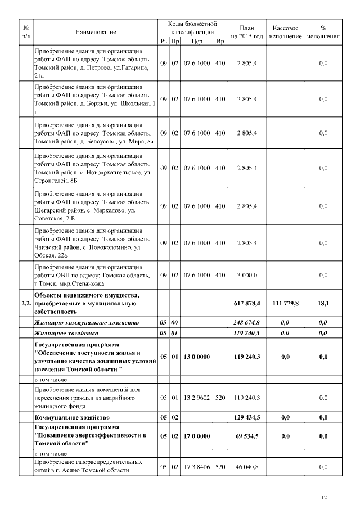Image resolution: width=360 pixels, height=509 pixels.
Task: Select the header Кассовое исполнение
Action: [285, 31]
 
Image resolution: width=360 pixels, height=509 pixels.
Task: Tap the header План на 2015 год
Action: [247, 31]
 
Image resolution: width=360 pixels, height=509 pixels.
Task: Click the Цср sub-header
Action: [197, 41]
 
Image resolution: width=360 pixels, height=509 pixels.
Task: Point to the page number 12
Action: [323, 497]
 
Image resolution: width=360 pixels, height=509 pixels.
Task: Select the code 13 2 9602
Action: [197, 398]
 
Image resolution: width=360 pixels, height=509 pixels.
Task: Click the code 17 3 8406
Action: [197, 467]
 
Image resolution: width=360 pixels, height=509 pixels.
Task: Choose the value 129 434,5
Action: [247, 418]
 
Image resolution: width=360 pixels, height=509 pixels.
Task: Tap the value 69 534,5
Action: [247, 436]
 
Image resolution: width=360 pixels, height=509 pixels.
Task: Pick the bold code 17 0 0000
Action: [197, 436]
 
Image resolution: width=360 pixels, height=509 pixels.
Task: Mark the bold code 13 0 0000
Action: [197, 356]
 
